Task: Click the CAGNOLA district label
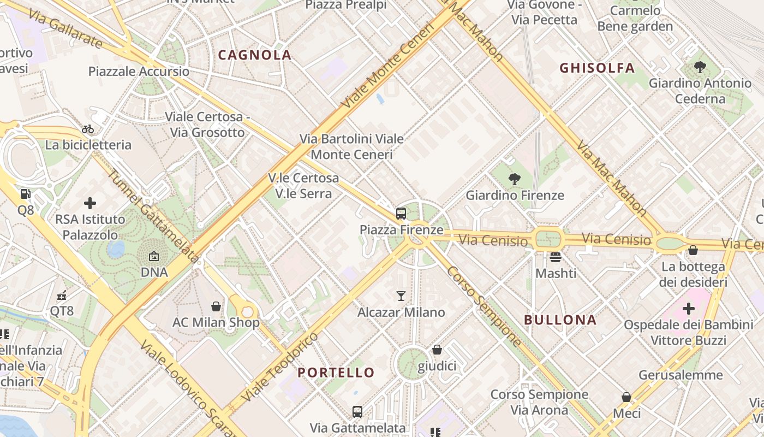(255, 55)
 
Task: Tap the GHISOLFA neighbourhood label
(597, 68)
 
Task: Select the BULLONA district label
(560, 320)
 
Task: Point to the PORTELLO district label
(336, 373)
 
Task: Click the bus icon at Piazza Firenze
(401, 214)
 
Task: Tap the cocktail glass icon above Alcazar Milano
(401, 296)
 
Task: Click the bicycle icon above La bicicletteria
(88, 129)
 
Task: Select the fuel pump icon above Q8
(25, 193)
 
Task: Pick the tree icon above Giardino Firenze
(514, 179)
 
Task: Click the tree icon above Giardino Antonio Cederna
(700, 67)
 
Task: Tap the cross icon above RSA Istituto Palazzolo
(90, 203)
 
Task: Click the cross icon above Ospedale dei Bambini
(689, 309)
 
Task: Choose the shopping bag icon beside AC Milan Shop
(216, 306)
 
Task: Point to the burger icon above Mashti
(556, 257)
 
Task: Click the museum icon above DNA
(154, 256)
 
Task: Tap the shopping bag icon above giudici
(437, 350)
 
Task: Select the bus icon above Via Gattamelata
(357, 411)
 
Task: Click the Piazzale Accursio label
(139, 72)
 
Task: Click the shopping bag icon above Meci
(626, 397)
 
